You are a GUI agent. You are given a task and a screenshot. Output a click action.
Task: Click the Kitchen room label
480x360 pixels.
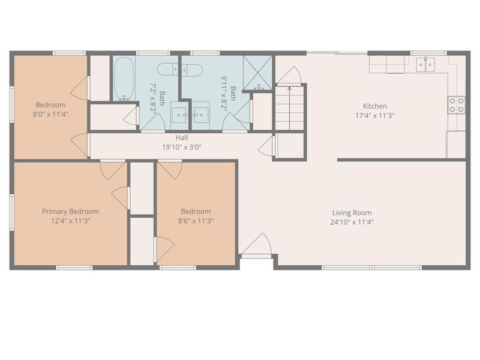pos(374,106)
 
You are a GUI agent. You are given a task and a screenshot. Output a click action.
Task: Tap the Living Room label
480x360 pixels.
pos(352,213)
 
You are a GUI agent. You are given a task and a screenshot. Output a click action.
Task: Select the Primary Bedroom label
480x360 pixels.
pos(70,212)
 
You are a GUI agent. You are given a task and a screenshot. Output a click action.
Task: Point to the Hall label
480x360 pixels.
pos(182,138)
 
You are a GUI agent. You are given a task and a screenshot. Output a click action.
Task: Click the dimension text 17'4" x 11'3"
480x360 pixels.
pos(374,116)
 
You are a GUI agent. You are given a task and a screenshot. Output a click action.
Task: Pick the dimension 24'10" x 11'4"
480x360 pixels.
pos(352,222)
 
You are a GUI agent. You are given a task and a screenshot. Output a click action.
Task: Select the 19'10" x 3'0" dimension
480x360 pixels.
pos(182,147)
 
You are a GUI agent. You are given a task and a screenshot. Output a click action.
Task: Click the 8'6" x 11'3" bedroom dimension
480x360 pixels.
pos(196,221)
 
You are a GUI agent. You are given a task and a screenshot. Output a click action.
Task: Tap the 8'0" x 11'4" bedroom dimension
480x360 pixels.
pos(50,115)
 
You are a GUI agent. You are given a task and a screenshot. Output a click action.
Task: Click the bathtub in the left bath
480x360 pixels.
pos(124,79)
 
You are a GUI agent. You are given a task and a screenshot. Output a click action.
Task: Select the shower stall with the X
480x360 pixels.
pos(257,73)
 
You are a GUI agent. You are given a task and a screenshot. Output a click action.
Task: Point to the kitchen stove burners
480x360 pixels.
pos(457,105)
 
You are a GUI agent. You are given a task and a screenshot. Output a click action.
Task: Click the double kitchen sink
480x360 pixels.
pos(425,64)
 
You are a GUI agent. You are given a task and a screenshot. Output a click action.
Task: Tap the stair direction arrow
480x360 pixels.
pos(290,108)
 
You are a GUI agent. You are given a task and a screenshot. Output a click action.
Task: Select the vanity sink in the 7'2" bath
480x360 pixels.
pos(179,115)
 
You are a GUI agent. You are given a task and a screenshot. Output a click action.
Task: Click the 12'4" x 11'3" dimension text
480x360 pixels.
pos(70,221)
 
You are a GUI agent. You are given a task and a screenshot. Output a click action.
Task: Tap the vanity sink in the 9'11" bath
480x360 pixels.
pos(201,115)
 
